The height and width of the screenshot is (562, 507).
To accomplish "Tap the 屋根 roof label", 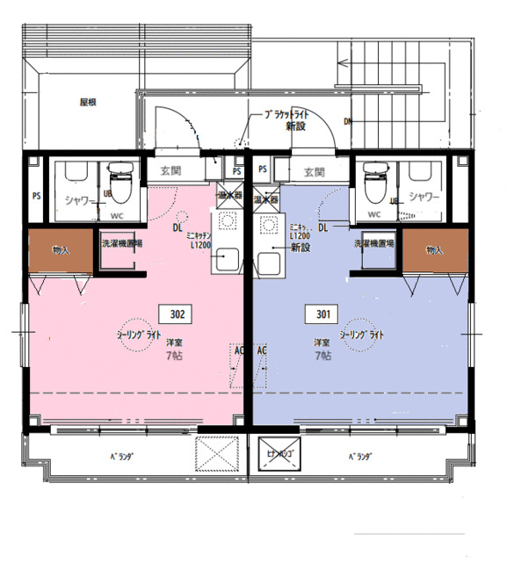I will tap(87, 102).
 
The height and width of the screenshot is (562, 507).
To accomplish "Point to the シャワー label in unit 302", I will tap(80, 198).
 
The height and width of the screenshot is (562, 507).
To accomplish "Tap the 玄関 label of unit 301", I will tap(312, 171).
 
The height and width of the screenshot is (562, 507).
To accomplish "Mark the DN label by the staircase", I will tap(348, 121).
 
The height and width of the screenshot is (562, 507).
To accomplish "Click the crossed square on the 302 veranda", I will tap(217, 455).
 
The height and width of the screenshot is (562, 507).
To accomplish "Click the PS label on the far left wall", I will tap(36, 196).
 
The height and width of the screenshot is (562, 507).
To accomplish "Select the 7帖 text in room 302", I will tap(175, 356).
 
